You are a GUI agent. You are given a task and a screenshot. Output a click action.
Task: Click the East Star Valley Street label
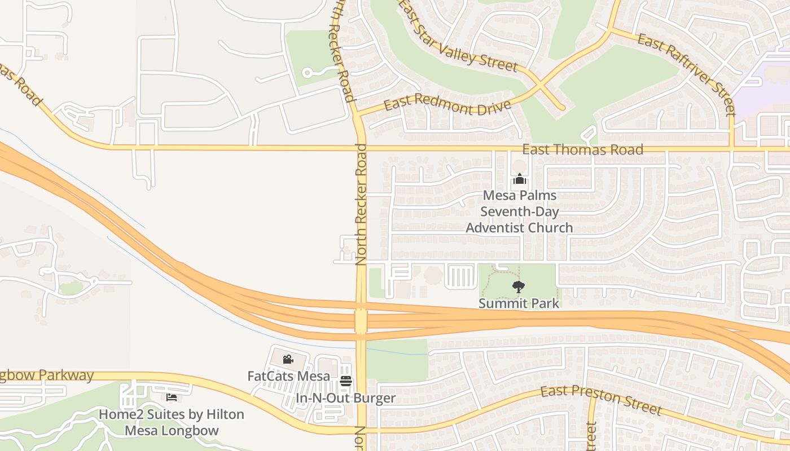458,38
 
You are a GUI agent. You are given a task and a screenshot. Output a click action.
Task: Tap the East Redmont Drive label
447,104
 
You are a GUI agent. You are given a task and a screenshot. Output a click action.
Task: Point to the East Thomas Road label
582,150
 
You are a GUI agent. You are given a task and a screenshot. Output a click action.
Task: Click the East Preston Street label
600,400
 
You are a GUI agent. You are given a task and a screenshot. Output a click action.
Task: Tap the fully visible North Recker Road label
361,204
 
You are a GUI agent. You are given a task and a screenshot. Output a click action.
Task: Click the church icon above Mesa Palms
519,180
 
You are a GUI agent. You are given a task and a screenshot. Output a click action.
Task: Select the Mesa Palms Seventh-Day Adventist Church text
519,212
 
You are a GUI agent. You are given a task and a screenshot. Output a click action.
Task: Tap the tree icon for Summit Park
518,287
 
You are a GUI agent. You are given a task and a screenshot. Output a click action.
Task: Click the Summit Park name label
519,303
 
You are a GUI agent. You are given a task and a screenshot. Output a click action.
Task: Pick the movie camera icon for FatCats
288,359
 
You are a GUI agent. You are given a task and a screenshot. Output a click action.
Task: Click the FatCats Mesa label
288,375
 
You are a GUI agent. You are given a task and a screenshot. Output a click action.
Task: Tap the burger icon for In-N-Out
346,382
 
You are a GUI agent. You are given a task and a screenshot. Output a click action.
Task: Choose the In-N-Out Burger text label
346,398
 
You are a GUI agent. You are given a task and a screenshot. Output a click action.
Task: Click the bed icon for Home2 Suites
172,397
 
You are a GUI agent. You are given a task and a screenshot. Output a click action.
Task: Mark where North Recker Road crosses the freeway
361,321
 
